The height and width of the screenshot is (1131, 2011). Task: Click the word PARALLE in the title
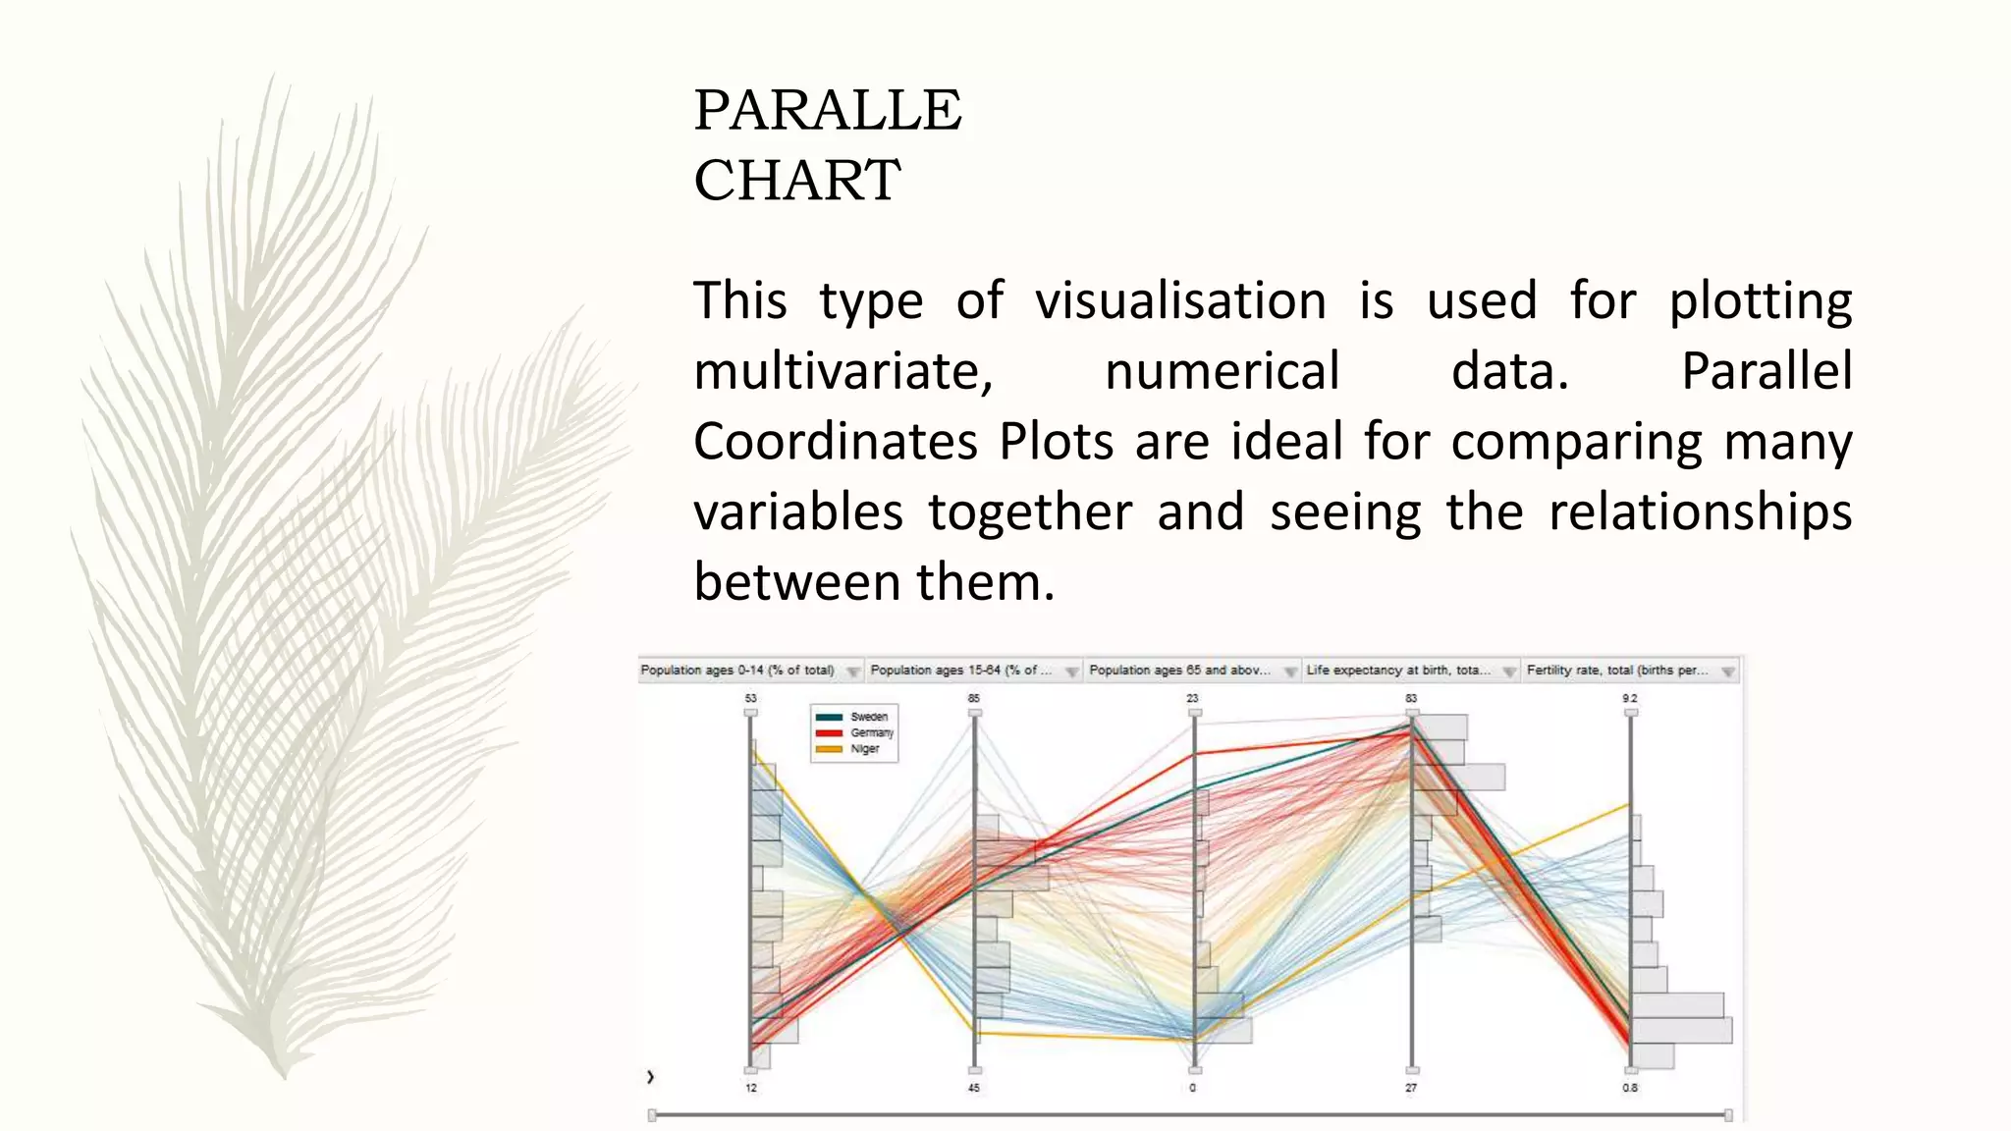tap(827, 110)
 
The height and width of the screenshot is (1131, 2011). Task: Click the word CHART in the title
tap(796, 181)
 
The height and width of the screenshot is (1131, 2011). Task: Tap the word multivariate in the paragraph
tap(842, 372)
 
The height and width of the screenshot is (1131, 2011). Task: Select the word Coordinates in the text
tap(835, 442)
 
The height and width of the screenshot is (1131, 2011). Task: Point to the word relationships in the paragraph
tap(1699, 512)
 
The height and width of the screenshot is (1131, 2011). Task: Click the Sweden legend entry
tap(868, 717)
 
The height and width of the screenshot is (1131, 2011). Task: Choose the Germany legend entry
tap(871, 732)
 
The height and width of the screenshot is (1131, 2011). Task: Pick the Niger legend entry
tap(864, 748)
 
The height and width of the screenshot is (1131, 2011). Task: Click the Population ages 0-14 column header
tap(736, 671)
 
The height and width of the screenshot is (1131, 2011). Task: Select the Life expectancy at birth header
tap(1397, 671)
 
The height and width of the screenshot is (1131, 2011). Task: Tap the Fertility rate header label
tap(1615, 671)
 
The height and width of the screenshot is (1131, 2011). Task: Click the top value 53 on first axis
tap(751, 698)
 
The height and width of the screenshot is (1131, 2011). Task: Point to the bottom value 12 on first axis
tap(751, 1088)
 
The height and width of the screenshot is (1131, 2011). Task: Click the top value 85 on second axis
tap(974, 698)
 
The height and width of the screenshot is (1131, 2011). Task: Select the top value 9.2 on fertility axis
tap(1630, 698)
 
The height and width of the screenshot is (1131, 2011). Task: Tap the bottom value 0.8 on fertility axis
tap(1630, 1088)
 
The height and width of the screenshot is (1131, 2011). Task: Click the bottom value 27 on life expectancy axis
tap(1411, 1088)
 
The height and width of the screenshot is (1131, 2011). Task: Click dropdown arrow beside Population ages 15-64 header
tap(1071, 672)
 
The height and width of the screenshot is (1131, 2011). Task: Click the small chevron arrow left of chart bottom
tap(650, 1077)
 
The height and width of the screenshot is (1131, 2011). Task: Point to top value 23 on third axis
tap(1192, 698)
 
